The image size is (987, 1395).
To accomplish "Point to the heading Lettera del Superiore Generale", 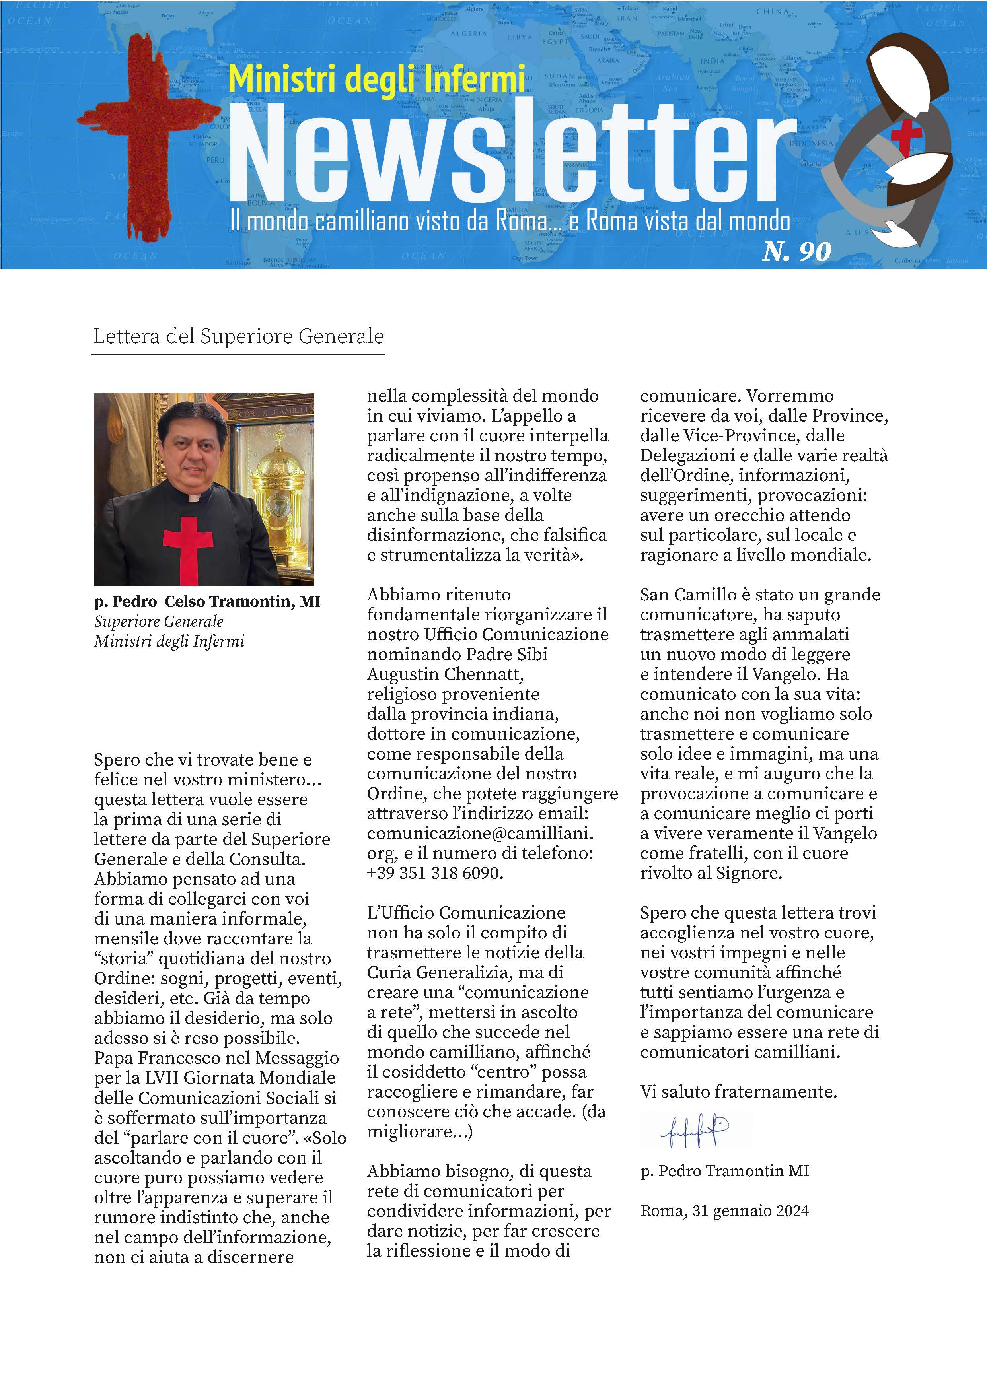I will (x=238, y=336).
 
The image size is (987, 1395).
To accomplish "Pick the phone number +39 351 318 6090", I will (x=435, y=873).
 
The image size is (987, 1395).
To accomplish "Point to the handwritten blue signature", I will (x=695, y=1131).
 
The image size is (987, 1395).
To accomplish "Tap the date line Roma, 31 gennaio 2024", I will (x=724, y=1211).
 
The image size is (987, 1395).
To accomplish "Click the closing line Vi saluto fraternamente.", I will (x=738, y=1092).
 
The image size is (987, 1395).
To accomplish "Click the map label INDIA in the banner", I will (x=712, y=61).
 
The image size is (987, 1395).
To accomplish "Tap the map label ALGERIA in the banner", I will (x=469, y=34).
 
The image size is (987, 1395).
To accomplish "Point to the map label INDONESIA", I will (x=811, y=144).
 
